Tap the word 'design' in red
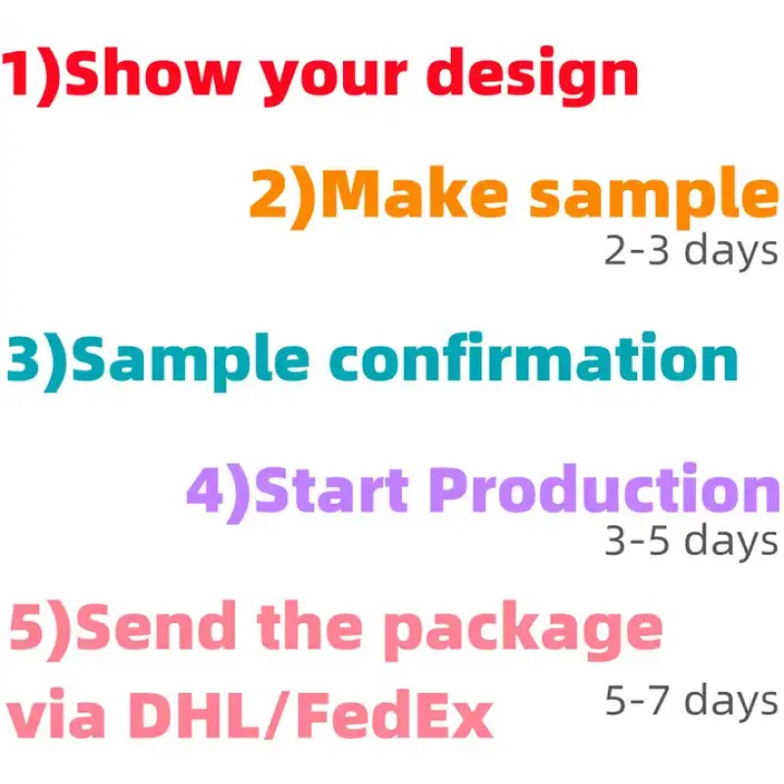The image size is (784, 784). pyautogui.click(x=532, y=76)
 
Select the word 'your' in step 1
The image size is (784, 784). pyautogui.click(x=332, y=81)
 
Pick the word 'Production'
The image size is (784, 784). pyautogui.click(x=604, y=487)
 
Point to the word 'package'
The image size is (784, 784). pyautogui.click(x=523, y=631)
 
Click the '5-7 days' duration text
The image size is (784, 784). pyautogui.click(x=691, y=701)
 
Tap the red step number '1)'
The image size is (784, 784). pyautogui.click(x=31, y=76)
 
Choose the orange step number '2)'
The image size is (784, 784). pyautogui.click(x=283, y=199)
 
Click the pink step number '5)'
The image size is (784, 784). pyautogui.click(x=40, y=630)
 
